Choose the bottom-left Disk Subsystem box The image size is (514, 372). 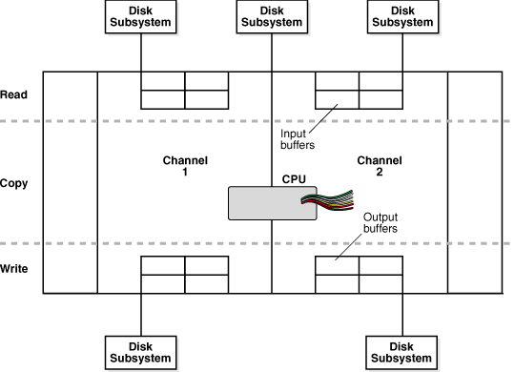[x=141, y=352]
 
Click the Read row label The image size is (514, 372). [x=14, y=95]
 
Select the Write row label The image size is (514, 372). [x=15, y=269]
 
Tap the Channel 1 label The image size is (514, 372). [x=185, y=167]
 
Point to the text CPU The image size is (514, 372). [x=294, y=178]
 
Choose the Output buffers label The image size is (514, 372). [x=382, y=223]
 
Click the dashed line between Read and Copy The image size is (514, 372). [x=191, y=121]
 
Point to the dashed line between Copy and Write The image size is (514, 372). [x=191, y=243]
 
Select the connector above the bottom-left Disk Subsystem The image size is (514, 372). [x=141, y=314]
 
